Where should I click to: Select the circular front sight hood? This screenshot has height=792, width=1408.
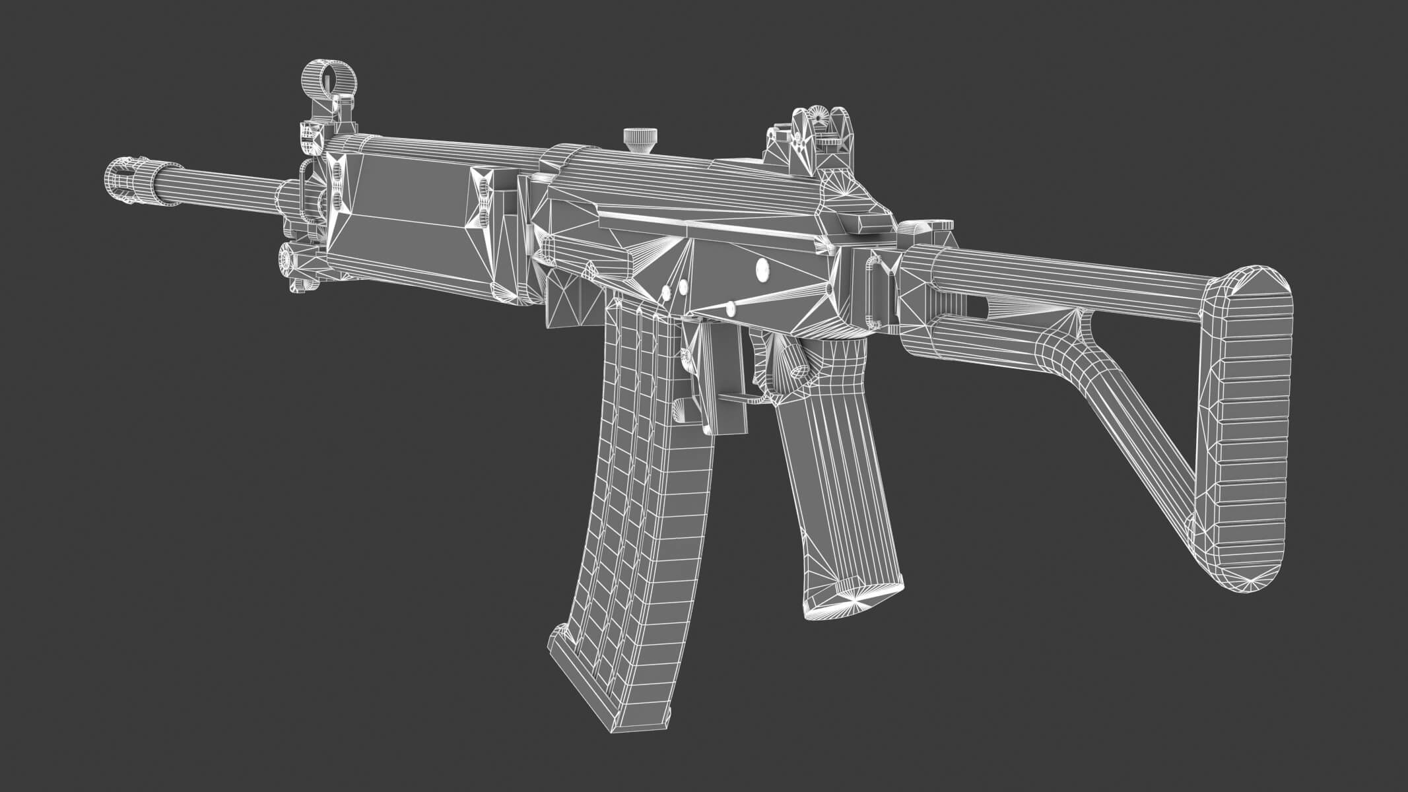pos(321,79)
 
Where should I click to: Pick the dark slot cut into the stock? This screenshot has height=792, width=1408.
pos(984,305)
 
